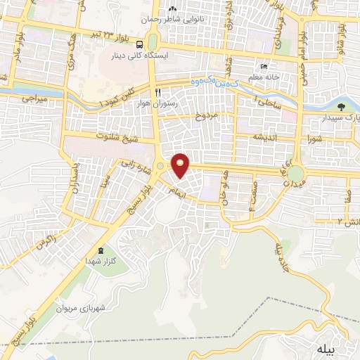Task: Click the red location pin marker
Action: [x=181, y=165]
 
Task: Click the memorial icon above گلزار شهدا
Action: [x=101, y=251]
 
